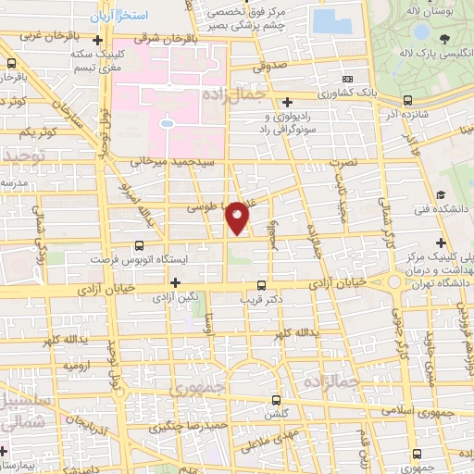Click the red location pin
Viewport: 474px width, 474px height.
238,218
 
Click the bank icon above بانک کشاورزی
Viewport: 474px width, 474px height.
348,81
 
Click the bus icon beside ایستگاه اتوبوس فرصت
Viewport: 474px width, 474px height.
140,245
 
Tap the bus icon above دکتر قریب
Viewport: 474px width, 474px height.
262,285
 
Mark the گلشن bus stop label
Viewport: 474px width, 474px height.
277,415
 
